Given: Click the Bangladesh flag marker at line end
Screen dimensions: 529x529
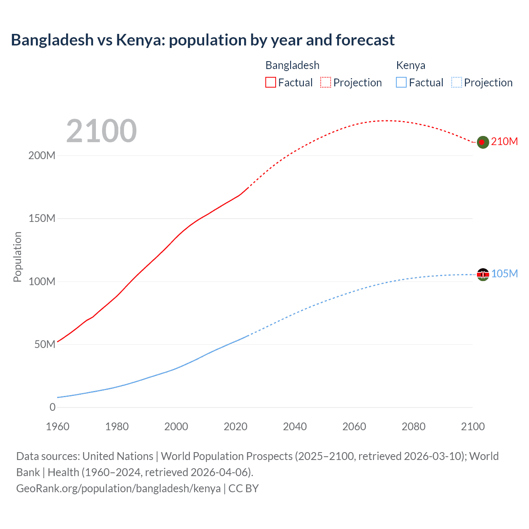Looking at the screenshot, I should coord(483,142).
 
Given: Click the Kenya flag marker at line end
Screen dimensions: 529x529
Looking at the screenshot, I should coord(483,274).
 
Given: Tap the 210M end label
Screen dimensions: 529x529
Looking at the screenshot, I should coord(504,141).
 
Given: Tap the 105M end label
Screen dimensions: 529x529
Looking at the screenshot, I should coord(504,274).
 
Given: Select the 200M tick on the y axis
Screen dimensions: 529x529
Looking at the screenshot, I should coord(42,156).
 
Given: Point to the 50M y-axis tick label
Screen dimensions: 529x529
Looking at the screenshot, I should coord(45,345).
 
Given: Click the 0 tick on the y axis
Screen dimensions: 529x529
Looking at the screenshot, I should coord(52,407).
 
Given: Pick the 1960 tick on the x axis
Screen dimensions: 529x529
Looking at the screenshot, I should coord(57,427).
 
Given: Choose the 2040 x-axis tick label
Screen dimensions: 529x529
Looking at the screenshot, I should coord(295,427).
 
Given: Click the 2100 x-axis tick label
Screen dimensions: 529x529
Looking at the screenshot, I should coord(473,427).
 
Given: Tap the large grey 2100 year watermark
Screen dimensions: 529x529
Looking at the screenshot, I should coord(101,131).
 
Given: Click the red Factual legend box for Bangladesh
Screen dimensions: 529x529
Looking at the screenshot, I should coord(271,83).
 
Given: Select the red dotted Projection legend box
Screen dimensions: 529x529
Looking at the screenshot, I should coord(326,83).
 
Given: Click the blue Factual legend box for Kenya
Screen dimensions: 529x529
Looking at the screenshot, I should coord(401,83).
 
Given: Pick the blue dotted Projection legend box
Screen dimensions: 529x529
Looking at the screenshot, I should coord(456,83).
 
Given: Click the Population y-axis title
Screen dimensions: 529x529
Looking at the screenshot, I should coord(17,257).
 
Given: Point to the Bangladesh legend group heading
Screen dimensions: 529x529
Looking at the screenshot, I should coord(292,65).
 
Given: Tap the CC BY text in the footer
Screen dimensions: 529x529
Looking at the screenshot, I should coord(243,488).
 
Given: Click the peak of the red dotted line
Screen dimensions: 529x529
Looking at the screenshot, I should coord(386,121).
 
